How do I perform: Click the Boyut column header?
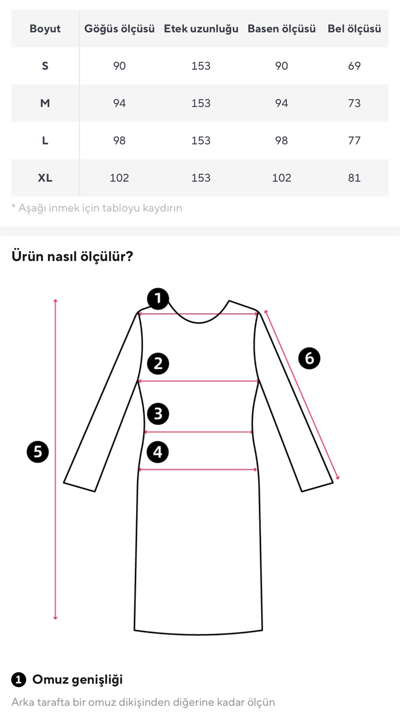45,29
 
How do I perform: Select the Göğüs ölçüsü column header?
119,29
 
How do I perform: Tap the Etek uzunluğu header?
201,29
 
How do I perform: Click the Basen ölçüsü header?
282,29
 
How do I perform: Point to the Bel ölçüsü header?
354,29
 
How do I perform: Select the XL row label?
45,178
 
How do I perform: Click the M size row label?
45,103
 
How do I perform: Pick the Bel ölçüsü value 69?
354,66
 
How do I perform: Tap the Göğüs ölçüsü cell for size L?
119,140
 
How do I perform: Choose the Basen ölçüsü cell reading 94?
282,103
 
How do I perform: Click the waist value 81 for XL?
354,178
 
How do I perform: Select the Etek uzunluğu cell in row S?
201,66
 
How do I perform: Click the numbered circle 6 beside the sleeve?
309,358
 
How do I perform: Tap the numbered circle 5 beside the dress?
38,452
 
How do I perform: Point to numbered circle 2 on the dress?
158,363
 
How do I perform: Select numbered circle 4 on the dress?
158,452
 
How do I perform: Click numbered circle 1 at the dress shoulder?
158,299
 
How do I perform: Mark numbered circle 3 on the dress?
158,414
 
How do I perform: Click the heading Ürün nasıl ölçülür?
72,257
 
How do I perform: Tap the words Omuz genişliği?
78,680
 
